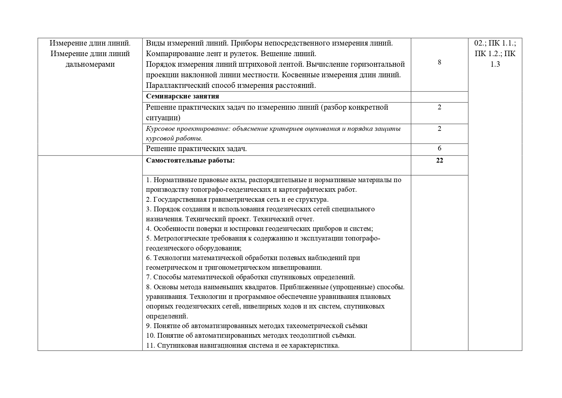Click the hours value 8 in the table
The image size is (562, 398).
coord(439,62)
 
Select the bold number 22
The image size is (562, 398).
coord(439,160)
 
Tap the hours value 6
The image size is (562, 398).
coord(439,148)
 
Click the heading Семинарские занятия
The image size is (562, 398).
coord(182,96)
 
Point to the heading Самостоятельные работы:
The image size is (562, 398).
coord(190,160)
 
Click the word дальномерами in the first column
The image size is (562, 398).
coord(90,64)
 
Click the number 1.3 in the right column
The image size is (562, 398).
coord(495,64)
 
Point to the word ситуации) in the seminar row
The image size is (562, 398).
coord(163,118)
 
